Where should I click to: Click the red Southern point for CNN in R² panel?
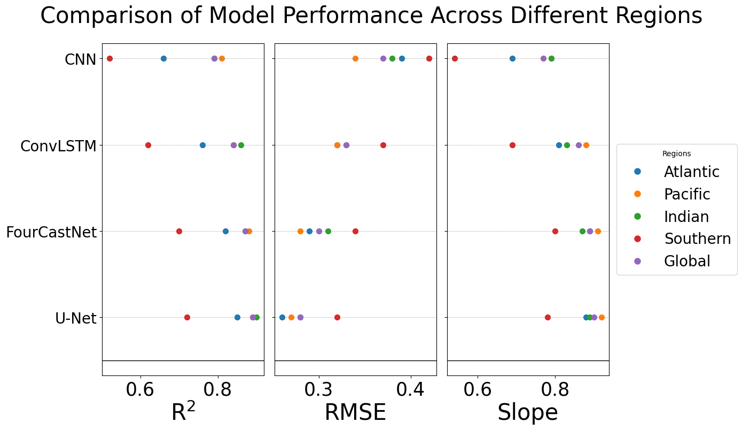tap(110, 58)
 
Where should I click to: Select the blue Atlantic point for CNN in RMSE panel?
tap(402, 58)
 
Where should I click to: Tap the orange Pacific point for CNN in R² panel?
tap(222, 58)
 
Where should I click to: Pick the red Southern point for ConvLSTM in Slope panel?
tap(512, 145)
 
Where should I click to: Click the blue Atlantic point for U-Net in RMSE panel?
tap(282, 317)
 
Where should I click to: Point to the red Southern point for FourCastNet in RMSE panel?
tap(355, 231)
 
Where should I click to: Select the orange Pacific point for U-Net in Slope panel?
tap(602, 317)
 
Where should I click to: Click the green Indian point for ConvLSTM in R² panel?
tap(241, 145)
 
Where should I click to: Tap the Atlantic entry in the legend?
tap(691, 172)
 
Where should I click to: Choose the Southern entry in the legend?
tap(697, 239)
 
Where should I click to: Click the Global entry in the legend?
tap(687, 261)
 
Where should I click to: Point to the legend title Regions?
tap(676, 153)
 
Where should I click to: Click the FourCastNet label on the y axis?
tap(51, 232)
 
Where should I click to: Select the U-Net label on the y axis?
tap(75, 318)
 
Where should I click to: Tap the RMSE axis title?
tap(355, 412)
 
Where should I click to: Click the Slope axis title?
tap(528, 412)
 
